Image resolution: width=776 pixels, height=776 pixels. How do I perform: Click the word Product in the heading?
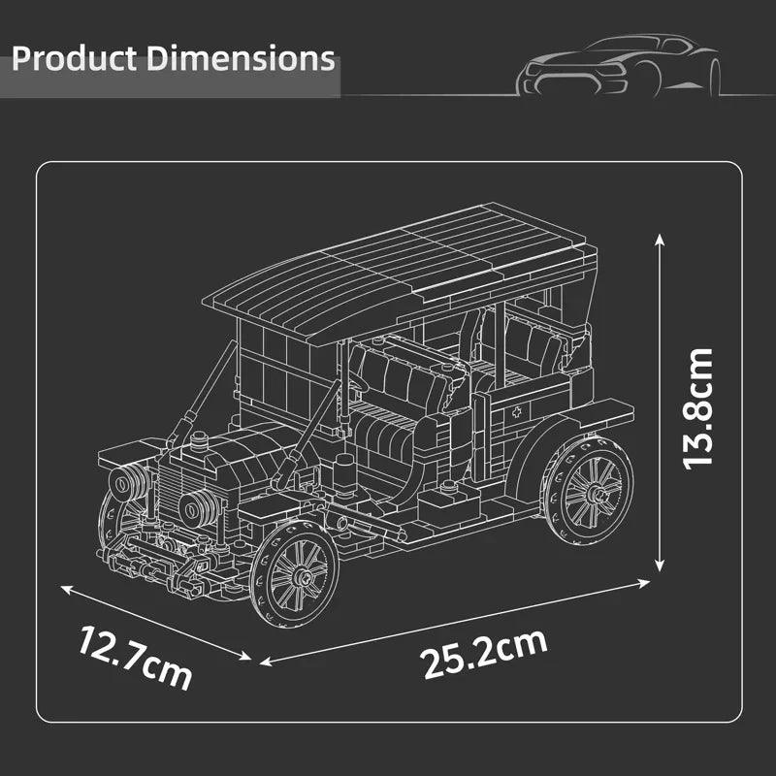click(x=75, y=58)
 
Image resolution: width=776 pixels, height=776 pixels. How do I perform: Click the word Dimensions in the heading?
click(x=242, y=58)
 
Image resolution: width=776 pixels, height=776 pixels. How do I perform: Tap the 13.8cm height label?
click(x=697, y=409)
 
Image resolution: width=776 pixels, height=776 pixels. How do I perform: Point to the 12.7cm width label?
click(x=135, y=658)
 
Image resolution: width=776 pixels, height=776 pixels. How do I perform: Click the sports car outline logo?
click(x=618, y=65)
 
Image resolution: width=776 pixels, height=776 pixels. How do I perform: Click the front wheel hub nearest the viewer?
click(x=302, y=576)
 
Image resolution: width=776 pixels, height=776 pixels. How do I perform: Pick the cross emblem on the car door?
click(x=517, y=412)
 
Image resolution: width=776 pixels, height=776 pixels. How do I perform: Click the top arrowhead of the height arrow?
click(x=660, y=239)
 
